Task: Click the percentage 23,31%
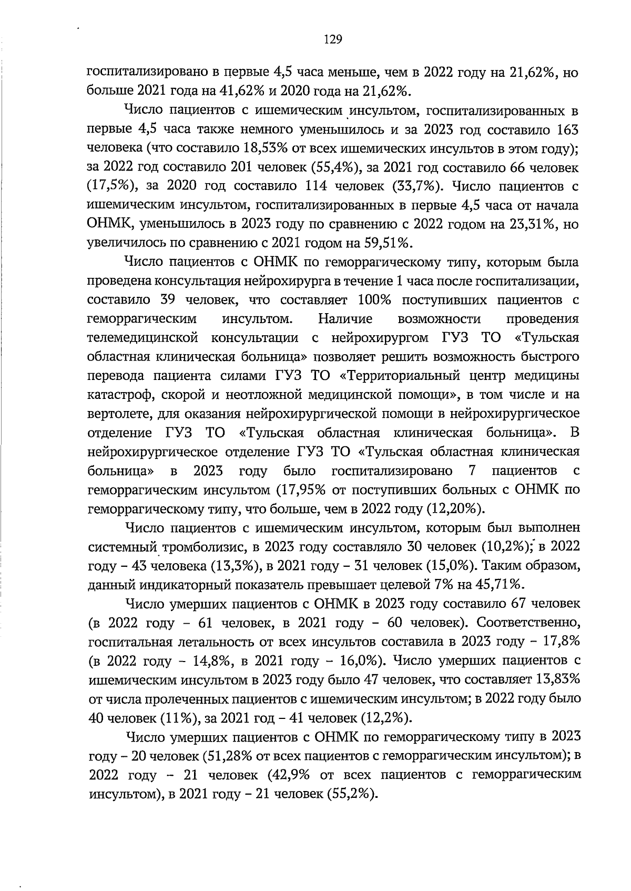coord(533,224)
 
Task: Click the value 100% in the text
coord(374,300)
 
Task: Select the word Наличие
coord(345,319)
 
